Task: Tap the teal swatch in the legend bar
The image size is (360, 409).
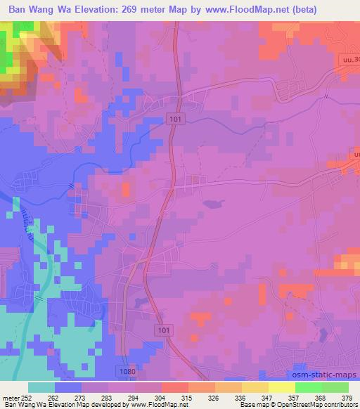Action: [x=41, y=387]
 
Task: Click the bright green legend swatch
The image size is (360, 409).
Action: [x=309, y=387]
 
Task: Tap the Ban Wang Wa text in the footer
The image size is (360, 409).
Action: [x=20, y=405]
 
